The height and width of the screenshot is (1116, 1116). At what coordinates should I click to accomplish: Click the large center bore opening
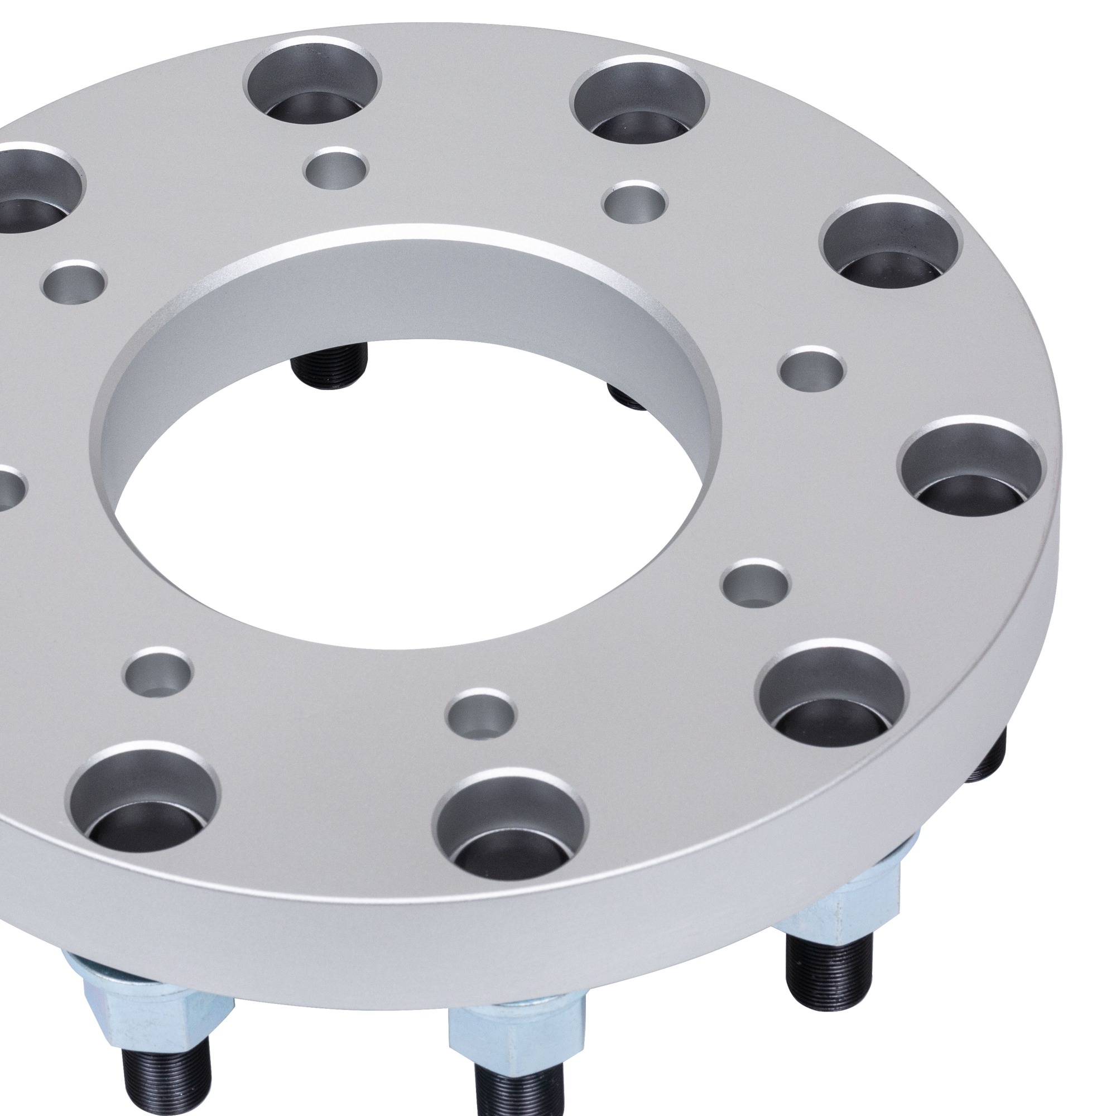[x=405, y=520]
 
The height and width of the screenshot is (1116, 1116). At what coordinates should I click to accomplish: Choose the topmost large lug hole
[x=312, y=81]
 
